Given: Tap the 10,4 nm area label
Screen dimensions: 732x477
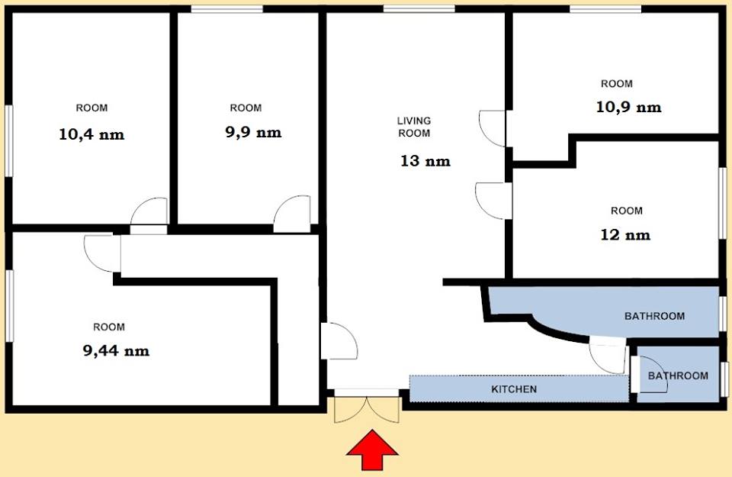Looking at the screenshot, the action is pos(91,135).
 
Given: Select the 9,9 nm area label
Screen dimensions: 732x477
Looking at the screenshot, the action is pos(253,132).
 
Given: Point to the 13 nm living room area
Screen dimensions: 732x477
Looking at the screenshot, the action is pos(425,161).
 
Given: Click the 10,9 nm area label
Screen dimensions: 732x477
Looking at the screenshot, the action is pos(628,108).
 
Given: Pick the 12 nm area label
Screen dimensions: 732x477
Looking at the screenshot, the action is pos(625,234).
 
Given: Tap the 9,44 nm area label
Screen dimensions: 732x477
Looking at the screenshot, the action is pos(116,351).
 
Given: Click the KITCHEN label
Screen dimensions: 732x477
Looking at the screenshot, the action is pos(514,389).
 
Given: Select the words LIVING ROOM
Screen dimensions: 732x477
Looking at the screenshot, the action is pos(414,127).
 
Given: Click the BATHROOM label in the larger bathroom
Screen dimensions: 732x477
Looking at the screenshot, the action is pos(654,316).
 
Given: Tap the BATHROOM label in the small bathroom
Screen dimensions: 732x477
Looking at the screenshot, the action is pos(678,375).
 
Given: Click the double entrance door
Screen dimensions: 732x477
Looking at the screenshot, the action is pos(367,407).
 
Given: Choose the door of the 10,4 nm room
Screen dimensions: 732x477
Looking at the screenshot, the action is pos(149,215).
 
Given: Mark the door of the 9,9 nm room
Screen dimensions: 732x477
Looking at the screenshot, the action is pos(292,214).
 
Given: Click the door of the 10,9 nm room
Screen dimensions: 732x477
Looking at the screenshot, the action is pos(493,128).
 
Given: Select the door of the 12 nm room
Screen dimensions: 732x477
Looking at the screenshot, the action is pos(494,201).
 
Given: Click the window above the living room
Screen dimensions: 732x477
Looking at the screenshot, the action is pos(419,9).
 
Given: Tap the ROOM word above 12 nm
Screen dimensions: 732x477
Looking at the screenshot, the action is pos(627,211).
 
